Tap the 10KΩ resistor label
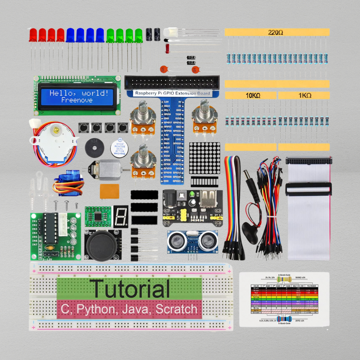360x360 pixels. [253, 96]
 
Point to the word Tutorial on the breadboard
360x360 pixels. [129, 289]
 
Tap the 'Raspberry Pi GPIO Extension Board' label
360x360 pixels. [173, 93]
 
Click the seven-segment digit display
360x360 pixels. [121, 216]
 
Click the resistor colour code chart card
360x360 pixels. [284, 299]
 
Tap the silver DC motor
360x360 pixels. [107, 169]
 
